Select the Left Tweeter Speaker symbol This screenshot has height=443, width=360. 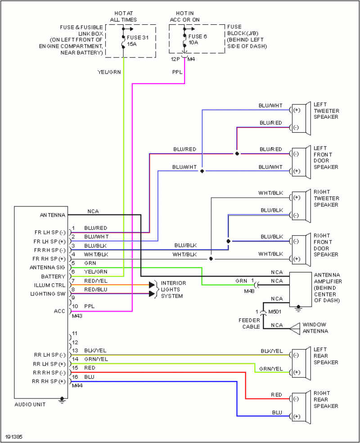coord(302,119)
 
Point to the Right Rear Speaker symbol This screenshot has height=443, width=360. coord(302,407)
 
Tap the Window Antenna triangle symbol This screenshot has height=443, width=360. coord(294,328)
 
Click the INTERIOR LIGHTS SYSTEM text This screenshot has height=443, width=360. coord(173,289)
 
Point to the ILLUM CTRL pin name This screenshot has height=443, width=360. coord(49,285)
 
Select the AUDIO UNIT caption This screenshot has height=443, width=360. coord(30,404)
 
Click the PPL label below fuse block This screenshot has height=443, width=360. coord(177,72)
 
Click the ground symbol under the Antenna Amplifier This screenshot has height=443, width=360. coord(298,309)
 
